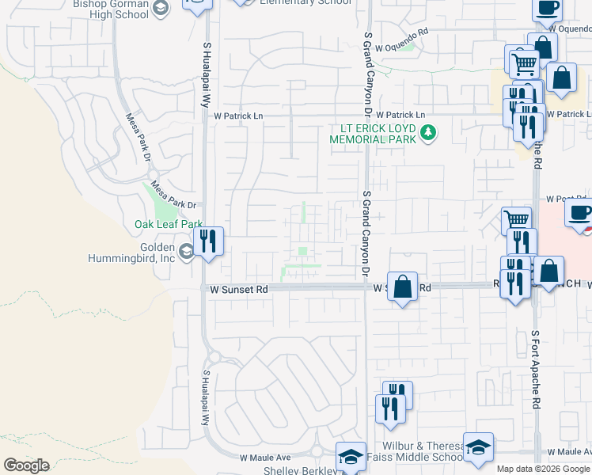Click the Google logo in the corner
[x=26, y=465]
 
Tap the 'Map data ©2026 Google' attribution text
[x=543, y=469]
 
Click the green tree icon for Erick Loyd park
[x=428, y=132]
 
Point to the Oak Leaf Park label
[x=169, y=225]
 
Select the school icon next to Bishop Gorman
[x=161, y=9]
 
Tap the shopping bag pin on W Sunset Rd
[x=403, y=287]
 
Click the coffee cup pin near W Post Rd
[x=579, y=213]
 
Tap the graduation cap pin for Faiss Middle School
[x=478, y=447]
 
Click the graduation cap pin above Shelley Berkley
[x=351, y=456]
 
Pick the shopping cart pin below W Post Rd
[x=516, y=220]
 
